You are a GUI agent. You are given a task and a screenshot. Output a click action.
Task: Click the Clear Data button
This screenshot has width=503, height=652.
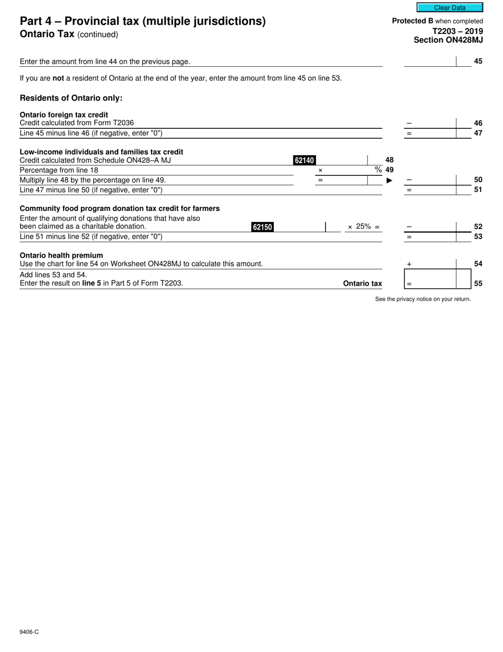tap(450, 7)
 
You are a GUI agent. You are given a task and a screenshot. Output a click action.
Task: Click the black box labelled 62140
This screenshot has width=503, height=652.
tap(304, 160)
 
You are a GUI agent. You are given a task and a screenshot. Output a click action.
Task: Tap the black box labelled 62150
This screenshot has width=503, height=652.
tap(262, 227)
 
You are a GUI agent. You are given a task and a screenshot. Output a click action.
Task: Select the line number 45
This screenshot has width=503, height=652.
tap(478, 61)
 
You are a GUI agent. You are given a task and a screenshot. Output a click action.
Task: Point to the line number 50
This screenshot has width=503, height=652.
tap(478, 180)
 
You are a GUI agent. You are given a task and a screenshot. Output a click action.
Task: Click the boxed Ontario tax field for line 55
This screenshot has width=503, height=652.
tap(437, 279)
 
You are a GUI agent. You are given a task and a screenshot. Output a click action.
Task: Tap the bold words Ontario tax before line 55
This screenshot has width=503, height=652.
tap(362, 284)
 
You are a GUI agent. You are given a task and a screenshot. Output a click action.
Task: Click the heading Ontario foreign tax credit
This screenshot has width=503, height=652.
tap(64, 114)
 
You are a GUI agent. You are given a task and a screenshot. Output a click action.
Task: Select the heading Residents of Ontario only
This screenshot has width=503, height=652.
tap(71, 98)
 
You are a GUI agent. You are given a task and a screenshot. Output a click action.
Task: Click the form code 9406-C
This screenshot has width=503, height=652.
tap(29, 632)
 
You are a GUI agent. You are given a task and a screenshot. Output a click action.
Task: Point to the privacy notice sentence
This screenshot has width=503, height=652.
tap(423, 299)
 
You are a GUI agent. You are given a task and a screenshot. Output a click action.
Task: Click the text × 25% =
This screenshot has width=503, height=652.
tap(363, 227)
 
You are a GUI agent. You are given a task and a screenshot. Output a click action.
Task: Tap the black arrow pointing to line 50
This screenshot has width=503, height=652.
tap(390, 180)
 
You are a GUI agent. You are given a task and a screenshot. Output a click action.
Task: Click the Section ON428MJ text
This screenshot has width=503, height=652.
tap(448, 40)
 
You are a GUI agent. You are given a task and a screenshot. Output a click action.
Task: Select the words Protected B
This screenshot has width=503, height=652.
tap(412, 21)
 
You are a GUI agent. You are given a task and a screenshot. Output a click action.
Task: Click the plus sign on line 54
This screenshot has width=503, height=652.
tap(409, 264)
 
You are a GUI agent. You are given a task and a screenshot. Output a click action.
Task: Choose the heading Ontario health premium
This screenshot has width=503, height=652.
tap(61, 255)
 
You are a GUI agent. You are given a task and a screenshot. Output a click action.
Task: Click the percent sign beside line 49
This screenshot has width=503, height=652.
tap(378, 170)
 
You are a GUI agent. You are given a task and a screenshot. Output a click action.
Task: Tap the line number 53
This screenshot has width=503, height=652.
tap(478, 236)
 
